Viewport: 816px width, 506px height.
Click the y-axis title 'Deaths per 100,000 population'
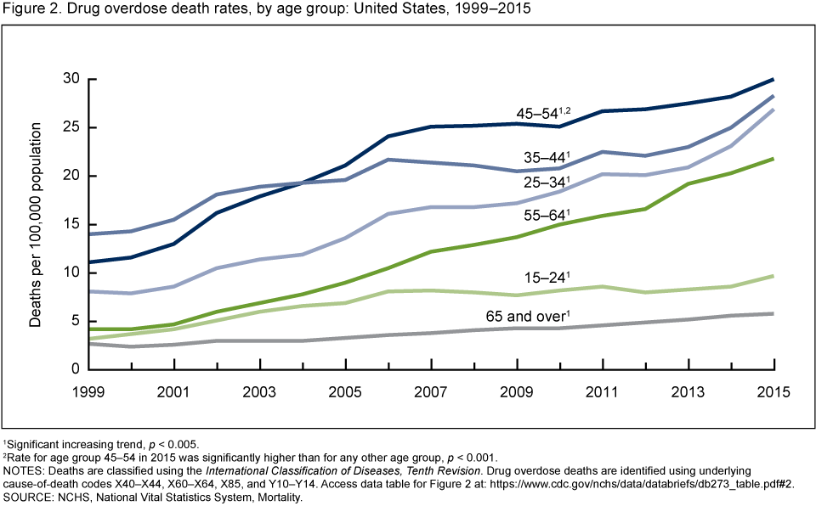37,224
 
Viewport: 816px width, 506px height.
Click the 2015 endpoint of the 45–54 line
773,79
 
